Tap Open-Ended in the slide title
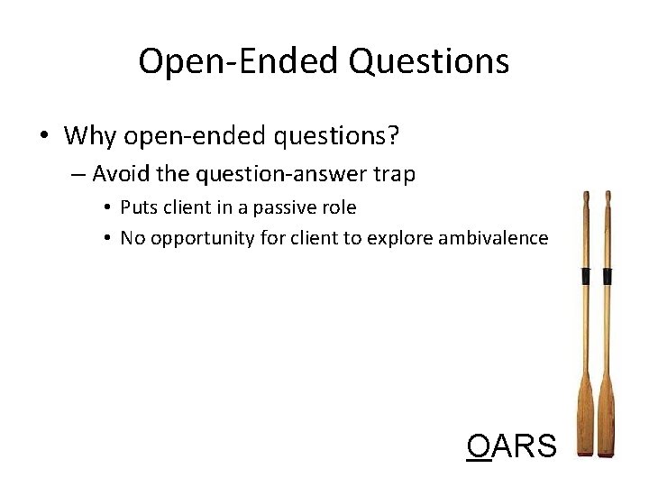coord(239,61)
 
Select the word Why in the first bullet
coord(90,136)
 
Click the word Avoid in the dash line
coord(119,173)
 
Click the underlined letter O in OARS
coord(479,446)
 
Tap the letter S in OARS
coord(544,446)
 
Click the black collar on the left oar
coord(586,276)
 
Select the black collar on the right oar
coord(608,276)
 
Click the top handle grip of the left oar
coord(586,203)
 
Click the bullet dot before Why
coord(43,137)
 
